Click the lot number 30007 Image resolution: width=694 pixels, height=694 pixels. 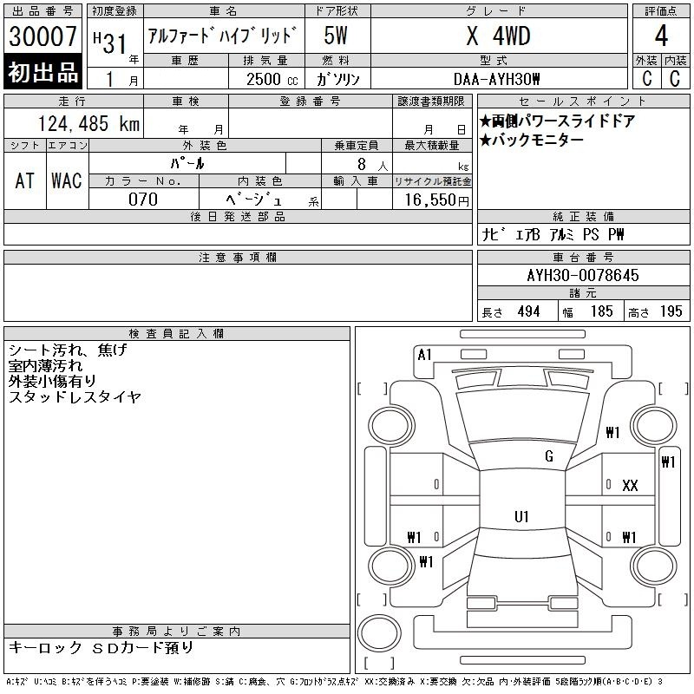click(43, 38)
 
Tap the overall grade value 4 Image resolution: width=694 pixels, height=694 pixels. click(660, 37)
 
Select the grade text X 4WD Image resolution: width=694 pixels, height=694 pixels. click(498, 36)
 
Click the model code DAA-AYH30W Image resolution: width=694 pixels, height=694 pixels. click(498, 78)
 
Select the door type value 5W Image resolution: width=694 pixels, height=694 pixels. click(337, 36)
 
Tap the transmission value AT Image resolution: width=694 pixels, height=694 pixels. click(24, 180)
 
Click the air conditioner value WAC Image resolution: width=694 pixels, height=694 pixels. click(66, 180)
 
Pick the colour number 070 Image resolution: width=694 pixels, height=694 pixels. click(143, 199)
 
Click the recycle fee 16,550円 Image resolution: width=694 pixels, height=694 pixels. click(431, 199)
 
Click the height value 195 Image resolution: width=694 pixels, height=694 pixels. click(671, 311)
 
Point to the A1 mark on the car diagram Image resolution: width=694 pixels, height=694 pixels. click(424, 354)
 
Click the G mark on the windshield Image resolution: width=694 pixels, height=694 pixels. click(548, 456)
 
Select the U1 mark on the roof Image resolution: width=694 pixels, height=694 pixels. click(521, 517)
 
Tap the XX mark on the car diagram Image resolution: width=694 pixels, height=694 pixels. click(630, 486)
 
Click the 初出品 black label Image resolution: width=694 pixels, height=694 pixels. click(43, 73)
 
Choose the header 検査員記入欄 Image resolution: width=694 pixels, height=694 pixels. click(177, 334)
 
